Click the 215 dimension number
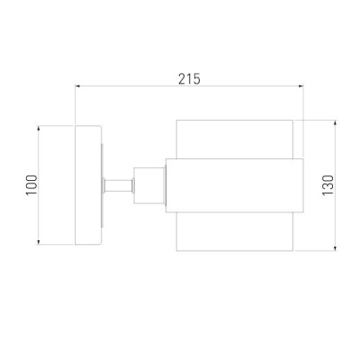coord(189,79)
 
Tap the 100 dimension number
coord(31,185)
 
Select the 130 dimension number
coord(328,185)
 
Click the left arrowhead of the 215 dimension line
coord(77,86)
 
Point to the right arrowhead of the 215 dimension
coord(301,86)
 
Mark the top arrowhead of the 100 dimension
coord(39,128)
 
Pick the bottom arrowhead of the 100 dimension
coord(39,242)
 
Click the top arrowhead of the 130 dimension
coord(336,122)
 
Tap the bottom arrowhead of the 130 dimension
coord(336,248)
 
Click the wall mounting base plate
coord(87,185)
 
